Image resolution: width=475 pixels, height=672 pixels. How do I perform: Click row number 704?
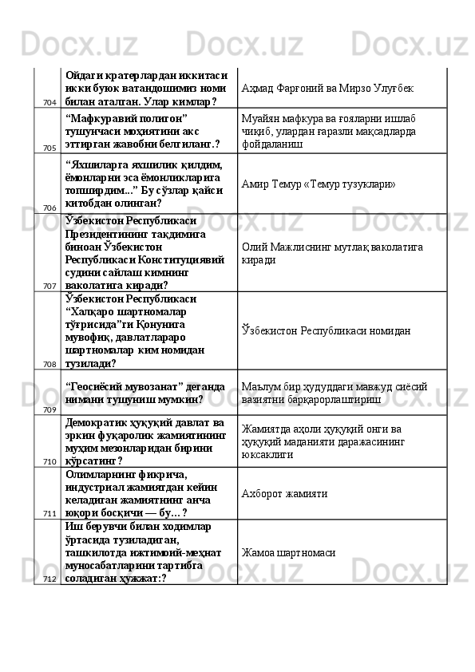pos(49,103)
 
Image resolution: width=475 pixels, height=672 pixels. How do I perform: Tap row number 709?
pos(49,409)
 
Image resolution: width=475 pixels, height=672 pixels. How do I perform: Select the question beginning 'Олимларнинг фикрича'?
pos(141,493)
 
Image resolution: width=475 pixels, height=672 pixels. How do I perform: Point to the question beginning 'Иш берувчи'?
pos(141,551)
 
